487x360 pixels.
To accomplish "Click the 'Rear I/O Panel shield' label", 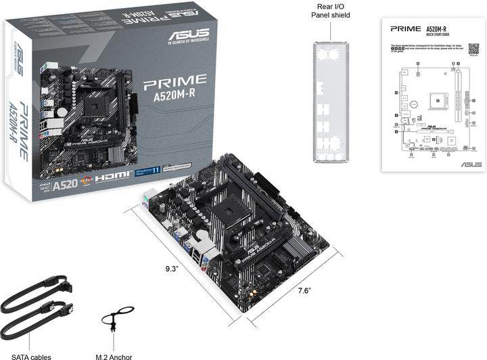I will click(331, 10).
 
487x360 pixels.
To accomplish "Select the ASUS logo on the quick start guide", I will click(471, 164).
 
